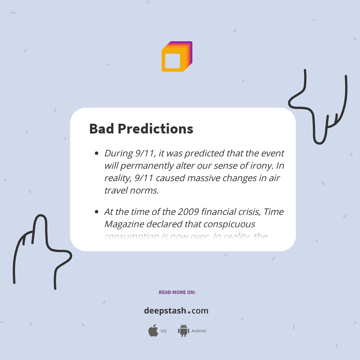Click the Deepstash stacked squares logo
click(x=177, y=57)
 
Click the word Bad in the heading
click(x=102, y=129)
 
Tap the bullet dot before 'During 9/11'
click(x=97, y=153)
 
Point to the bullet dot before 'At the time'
click(x=97, y=212)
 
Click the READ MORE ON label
click(x=177, y=292)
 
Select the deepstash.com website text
click(x=176, y=311)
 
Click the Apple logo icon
click(x=153, y=331)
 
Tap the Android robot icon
click(x=183, y=331)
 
